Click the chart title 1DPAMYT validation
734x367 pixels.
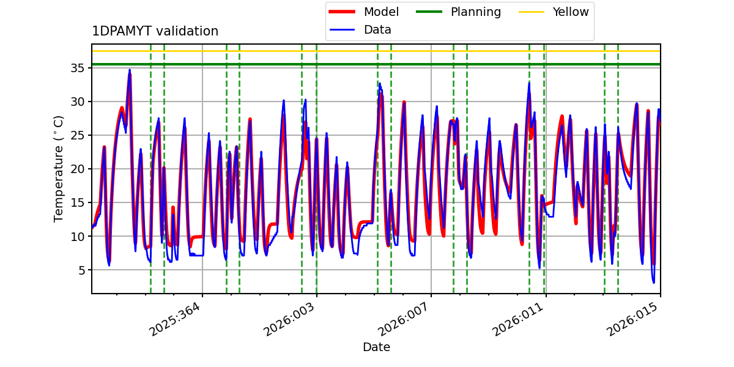155,31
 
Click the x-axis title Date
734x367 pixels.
376,347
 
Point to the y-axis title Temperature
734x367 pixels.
59,169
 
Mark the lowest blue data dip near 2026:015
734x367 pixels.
653,282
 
